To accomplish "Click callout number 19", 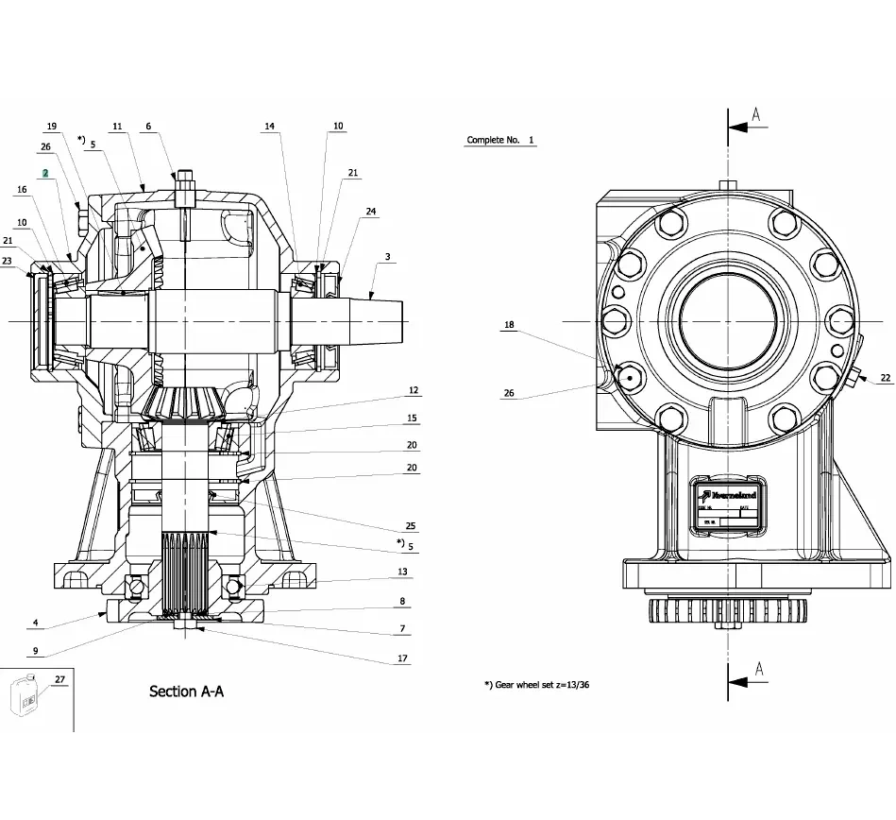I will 51,127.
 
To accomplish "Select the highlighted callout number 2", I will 44,174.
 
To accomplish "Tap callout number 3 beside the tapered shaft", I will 387,257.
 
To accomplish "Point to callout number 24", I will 371,212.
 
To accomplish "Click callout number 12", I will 414,390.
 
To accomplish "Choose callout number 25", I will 410,525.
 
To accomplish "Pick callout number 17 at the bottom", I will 402,658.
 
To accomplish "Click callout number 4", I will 35,623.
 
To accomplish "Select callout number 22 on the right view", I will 885,377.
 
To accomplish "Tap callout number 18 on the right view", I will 509,325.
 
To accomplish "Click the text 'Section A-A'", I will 187,692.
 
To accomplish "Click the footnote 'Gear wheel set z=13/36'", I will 542,684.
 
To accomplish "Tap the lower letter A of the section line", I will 758,671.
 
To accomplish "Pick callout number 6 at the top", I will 148,126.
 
